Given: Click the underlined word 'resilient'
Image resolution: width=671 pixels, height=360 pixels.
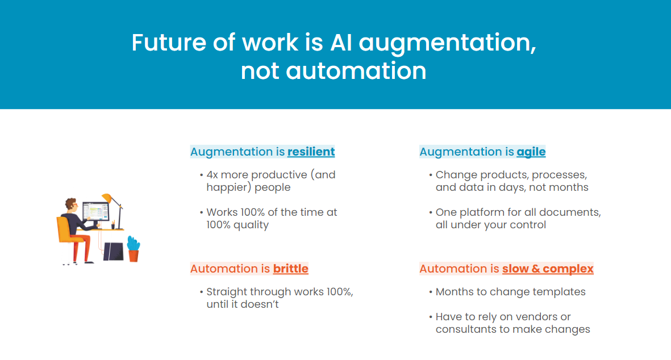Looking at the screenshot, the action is [311, 152].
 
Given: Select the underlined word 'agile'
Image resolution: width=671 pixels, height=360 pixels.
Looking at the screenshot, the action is [531, 152].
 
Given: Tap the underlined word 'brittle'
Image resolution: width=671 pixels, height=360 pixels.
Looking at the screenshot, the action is [290, 269].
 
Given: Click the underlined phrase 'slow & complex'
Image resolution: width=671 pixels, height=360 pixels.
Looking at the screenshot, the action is [548, 269].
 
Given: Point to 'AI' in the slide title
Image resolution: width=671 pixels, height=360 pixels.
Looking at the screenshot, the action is [341, 43].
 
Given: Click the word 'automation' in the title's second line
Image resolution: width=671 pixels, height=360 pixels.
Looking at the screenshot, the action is [356, 71].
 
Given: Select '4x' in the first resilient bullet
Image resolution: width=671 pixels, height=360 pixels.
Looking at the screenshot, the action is [212, 175].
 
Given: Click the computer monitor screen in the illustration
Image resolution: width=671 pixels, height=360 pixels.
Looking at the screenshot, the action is [95, 211].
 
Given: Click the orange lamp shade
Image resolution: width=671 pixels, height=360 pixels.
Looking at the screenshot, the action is [107, 198].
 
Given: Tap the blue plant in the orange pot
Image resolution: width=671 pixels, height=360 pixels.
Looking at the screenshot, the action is [134, 243].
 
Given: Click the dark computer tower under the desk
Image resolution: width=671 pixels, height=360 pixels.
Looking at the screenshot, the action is [113, 252].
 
